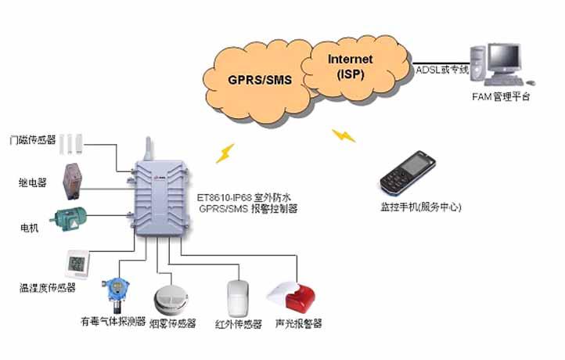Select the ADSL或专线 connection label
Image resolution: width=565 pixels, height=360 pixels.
pyautogui.click(x=442, y=70)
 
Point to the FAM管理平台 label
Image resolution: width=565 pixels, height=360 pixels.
pyautogui.click(x=501, y=97)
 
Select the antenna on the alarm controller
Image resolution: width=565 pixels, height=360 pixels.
pyautogui.click(x=146, y=149)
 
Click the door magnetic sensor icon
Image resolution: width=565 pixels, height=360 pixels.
pyautogui.click(x=75, y=141)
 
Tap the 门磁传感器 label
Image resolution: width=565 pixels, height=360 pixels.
pyautogui.click(x=32, y=140)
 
